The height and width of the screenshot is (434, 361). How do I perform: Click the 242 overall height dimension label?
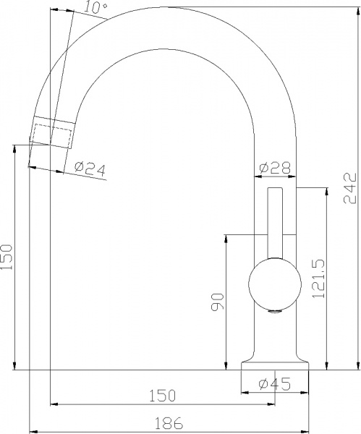(349, 188)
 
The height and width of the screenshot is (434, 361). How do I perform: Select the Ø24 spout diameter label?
(90, 169)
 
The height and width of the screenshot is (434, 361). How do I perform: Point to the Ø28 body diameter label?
(275, 168)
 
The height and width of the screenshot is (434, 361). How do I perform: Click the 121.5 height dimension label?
(318, 278)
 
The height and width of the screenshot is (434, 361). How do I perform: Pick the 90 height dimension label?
(218, 302)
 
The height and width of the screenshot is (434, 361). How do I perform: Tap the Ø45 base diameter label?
(275, 383)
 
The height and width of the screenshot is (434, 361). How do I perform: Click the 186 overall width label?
(169, 423)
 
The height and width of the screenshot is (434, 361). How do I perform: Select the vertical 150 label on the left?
(7, 257)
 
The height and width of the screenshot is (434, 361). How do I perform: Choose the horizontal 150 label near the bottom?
(163, 396)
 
